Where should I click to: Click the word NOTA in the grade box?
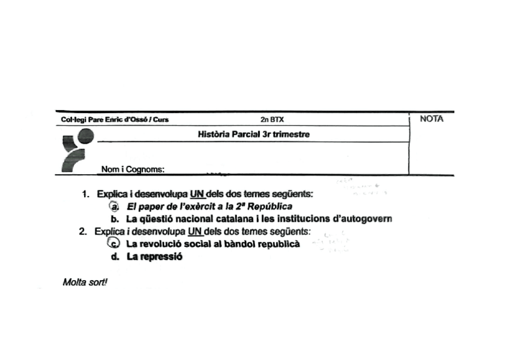click(x=431, y=119)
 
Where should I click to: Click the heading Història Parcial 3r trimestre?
click(x=253, y=135)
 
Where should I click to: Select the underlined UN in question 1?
click(x=197, y=194)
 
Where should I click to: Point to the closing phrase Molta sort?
click(x=84, y=282)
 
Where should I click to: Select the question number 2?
click(x=82, y=231)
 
